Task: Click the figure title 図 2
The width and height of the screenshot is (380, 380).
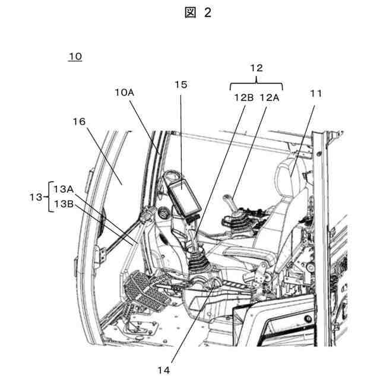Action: [x=198, y=13]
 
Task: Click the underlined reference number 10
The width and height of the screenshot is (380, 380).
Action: [x=75, y=57]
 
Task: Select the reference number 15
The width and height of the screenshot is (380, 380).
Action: [x=180, y=84]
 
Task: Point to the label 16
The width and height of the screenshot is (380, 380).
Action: [x=79, y=121]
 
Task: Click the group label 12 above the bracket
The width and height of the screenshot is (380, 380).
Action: [x=256, y=68]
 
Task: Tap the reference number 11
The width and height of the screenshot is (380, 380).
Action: [x=315, y=93]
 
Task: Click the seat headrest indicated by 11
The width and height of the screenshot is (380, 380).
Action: [x=292, y=172]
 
